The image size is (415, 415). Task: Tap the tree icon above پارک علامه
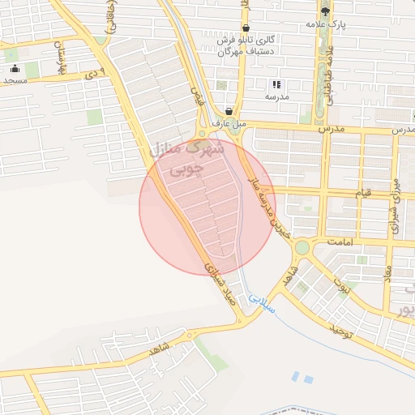coord(325,11)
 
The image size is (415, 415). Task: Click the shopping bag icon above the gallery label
coord(246,28)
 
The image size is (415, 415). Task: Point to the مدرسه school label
coord(276,96)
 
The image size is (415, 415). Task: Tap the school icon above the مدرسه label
coord(276,84)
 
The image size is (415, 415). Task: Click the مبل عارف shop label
coord(229,124)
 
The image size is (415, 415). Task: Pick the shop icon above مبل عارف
coord(229,112)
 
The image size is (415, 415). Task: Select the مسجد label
coord(15,81)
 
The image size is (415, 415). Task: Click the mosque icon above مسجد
coord(15,69)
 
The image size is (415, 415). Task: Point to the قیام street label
coord(366,193)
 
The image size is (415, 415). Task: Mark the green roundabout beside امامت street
coord(302,247)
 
